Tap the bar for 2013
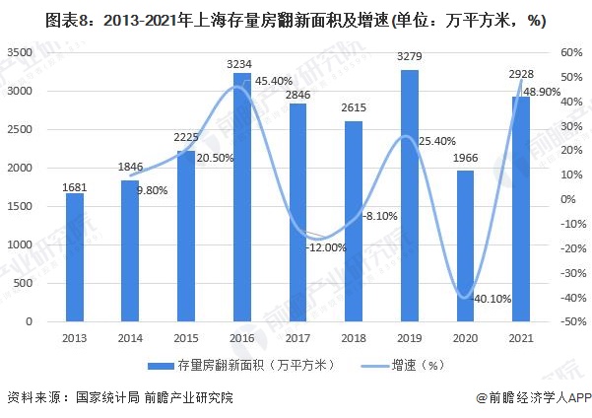tap(75, 257)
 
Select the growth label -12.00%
tap(325, 248)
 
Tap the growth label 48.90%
tap(544, 92)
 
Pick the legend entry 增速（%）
tap(399, 366)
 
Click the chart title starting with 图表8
tap(296, 20)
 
